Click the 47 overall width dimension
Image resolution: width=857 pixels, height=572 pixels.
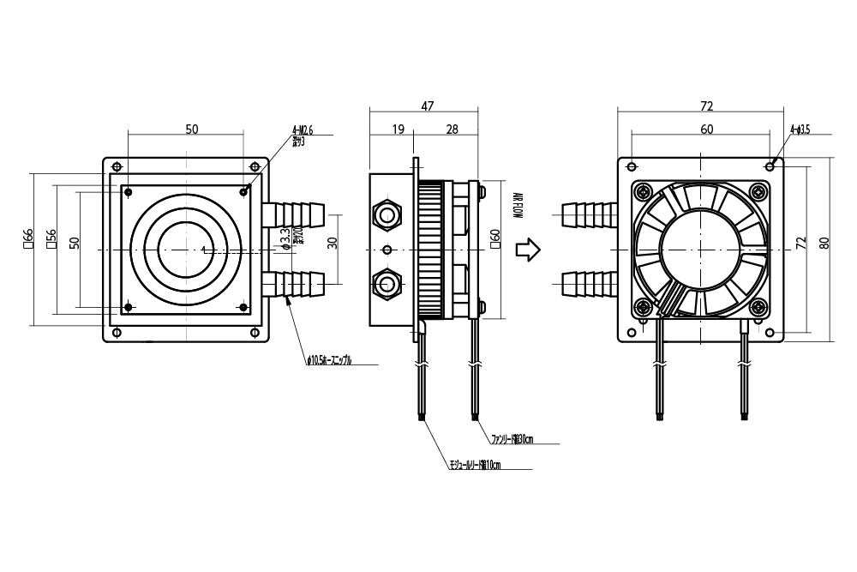pyautogui.click(x=428, y=105)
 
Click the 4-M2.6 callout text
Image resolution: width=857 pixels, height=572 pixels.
pyautogui.click(x=303, y=131)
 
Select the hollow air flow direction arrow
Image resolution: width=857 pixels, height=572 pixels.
pyautogui.click(x=527, y=250)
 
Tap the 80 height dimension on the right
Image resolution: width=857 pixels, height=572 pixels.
pyautogui.click(x=824, y=243)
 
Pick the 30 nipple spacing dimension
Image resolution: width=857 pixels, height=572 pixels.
pyautogui.click(x=332, y=243)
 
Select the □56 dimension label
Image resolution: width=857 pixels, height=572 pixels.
pyautogui.click(x=51, y=239)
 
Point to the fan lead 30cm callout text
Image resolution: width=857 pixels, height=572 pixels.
pyautogui.click(x=512, y=440)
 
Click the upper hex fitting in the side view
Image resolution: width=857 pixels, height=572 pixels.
pyautogui.click(x=387, y=214)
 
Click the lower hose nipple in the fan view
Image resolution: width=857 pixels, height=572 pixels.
pyautogui.click(x=589, y=284)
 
